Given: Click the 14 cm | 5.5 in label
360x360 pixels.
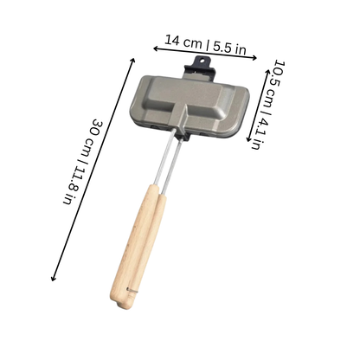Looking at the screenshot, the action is point(205,44).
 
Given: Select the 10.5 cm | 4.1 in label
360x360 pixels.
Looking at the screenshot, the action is point(267,105).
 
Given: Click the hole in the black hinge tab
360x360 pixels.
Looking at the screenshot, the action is point(202,61).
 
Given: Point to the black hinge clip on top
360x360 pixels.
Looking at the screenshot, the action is point(200,68).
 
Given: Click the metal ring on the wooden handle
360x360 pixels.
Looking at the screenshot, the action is point(132,290).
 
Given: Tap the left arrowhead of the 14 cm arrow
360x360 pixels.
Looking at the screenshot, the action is point(156,48).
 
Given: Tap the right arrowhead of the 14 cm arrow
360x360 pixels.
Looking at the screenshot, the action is point(254,58).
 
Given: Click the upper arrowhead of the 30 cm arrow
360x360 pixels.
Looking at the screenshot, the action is point(132,61).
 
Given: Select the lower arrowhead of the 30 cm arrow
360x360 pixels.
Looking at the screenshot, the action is point(53,278).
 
